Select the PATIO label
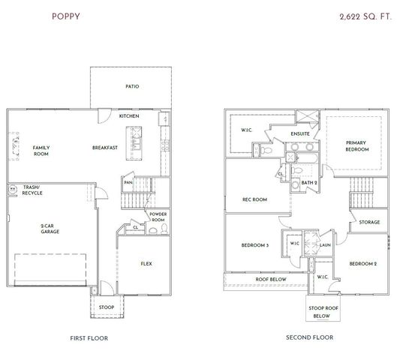point(132,86)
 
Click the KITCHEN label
point(129,116)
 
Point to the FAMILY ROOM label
point(41,151)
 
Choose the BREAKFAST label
point(105,148)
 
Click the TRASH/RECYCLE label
point(32,190)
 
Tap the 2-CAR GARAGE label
point(50,229)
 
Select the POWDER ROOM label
point(158,217)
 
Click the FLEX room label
point(146,263)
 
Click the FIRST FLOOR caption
point(89,338)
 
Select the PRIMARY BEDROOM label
point(357,146)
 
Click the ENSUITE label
point(300,134)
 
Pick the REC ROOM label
point(254,199)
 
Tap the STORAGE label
point(369,222)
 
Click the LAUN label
point(325,244)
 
